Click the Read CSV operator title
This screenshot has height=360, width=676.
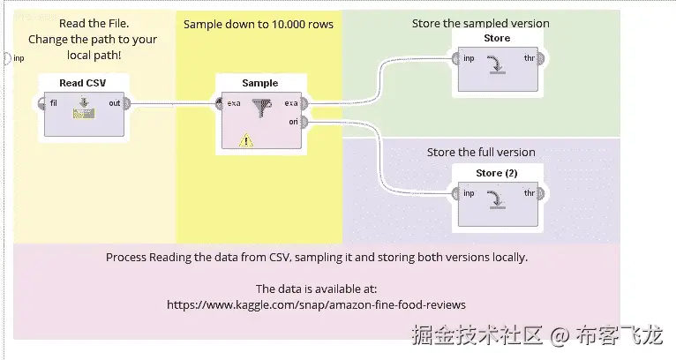pyautogui.click(x=83, y=83)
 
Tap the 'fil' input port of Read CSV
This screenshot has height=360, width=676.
pyautogui.click(x=42, y=103)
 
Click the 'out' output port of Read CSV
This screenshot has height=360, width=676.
pyautogui.click(x=125, y=103)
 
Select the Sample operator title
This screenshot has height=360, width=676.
pyautogui.click(x=259, y=83)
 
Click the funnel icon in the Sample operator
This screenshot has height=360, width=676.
pyautogui.click(x=262, y=108)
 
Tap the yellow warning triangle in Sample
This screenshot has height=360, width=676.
pyautogui.click(x=245, y=139)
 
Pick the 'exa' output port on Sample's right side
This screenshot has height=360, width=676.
pyautogui.click(x=302, y=103)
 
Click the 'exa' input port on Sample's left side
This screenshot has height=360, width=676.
pyautogui.click(x=219, y=103)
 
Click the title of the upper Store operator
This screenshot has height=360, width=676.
pyautogui.click(x=498, y=39)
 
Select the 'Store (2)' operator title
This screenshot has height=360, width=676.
pyautogui.click(x=498, y=172)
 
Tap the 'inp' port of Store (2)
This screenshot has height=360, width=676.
pyautogui.click(x=455, y=192)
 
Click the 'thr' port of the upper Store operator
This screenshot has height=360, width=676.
pyautogui.click(x=540, y=59)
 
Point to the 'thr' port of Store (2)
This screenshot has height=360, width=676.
pyautogui.click(x=540, y=192)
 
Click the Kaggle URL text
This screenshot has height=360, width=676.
pyautogui.click(x=316, y=304)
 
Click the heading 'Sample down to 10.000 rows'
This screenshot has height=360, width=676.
pyautogui.click(x=259, y=24)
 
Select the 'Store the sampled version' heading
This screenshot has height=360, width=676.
pyautogui.click(x=481, y=23)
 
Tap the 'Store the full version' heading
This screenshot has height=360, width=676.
pyautogui.click(x=481, y=152)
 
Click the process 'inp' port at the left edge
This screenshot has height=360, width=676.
pyautogui.click(x=7, y=58)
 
